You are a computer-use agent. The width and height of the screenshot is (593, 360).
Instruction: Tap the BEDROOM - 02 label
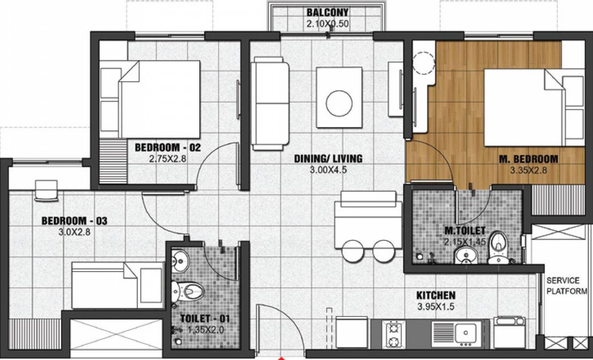(x=167, y=148)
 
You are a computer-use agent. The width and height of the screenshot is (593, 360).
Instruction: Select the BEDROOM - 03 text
(x=75, y=220)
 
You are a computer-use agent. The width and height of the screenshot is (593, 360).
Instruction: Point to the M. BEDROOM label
(x=528, y=159)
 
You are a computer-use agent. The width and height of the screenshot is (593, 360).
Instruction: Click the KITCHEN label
(x=435, y=295)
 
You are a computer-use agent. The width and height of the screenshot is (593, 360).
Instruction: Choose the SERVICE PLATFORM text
(x=566, y=286)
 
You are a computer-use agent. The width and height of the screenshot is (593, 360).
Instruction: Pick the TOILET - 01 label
(x=205, y=319)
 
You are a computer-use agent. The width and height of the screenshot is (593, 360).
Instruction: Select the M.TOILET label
(x=465, y=231)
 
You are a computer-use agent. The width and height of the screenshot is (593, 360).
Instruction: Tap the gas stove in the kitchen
(x=394, y=333)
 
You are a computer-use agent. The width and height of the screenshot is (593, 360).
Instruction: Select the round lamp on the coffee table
(x=339, y=103)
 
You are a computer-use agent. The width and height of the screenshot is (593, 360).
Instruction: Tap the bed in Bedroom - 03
(x=117, y=285)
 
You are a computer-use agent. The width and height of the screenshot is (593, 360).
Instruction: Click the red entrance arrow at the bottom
(x=281, y=358)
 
